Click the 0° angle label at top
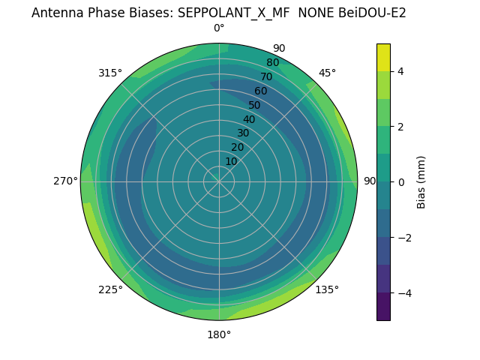219,28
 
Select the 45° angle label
327,73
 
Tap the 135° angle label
327,289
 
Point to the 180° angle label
219,334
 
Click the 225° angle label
110,289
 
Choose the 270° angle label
66,181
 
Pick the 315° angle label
110,73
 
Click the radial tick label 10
232,162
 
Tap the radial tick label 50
255,105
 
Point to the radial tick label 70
266,76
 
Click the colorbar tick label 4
401,71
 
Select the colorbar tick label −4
403,292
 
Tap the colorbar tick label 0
401,181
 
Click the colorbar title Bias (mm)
421,181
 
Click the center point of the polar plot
219,181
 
